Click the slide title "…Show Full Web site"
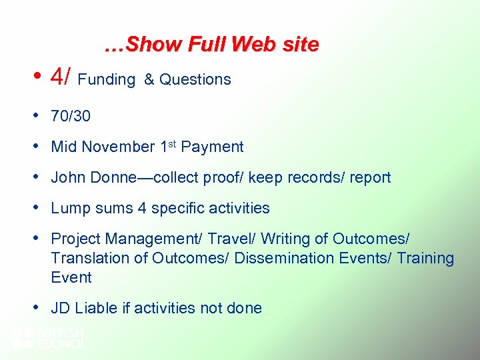[211, 45]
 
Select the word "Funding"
[107, 80]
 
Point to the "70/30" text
[71, 116]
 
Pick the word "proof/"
[262, 178]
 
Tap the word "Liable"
[96, 308]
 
